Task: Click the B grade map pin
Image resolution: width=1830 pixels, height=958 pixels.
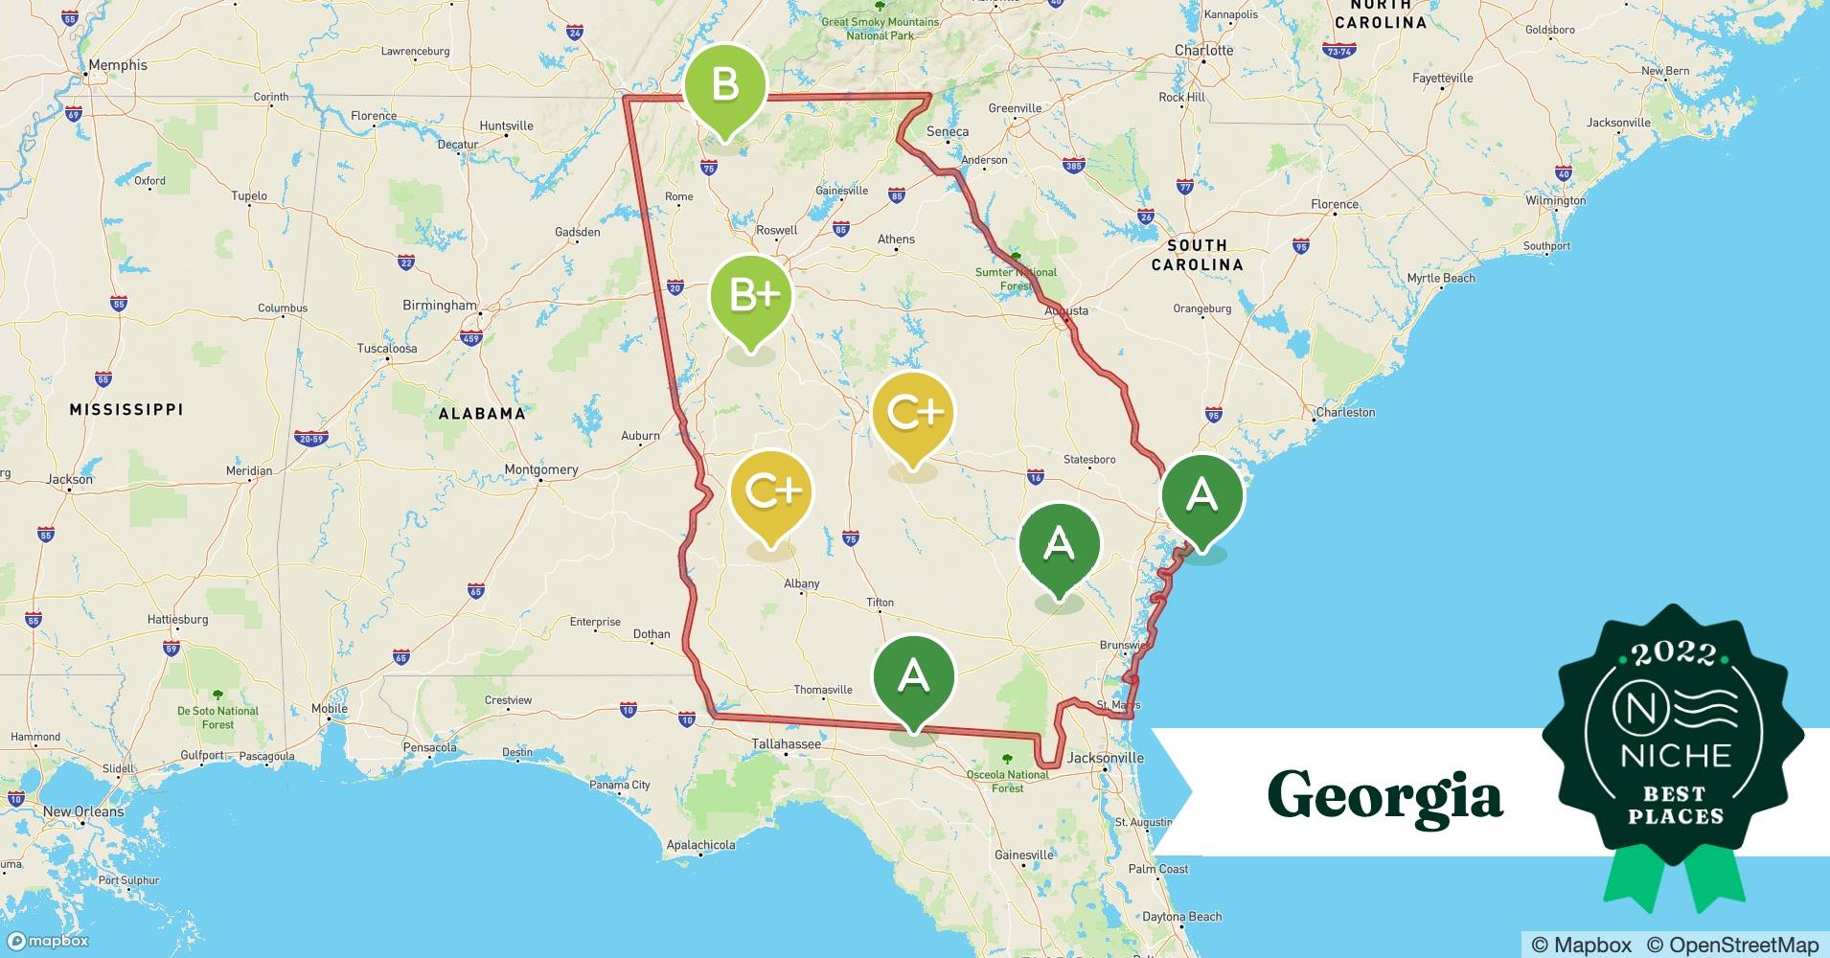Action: [724, 87]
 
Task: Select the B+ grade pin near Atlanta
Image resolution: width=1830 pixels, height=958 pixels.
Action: [751, 296]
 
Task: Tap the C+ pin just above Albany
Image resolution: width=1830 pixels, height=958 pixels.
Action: [771, 492]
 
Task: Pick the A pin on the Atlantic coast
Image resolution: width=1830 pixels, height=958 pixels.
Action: [1201, 495]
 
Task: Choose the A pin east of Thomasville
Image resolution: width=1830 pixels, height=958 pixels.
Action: [914, 676]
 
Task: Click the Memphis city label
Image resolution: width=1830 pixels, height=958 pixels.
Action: [118, 65]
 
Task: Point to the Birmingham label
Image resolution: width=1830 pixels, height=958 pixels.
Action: [440, 306]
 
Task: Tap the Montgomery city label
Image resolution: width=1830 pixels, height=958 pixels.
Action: [541, 469]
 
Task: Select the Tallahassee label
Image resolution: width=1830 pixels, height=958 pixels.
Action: [786, 743]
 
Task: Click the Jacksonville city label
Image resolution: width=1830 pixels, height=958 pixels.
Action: [1106, 758]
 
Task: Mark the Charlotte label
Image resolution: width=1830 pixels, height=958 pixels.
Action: [1203, 50]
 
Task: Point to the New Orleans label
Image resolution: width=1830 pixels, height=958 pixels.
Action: [83, 811]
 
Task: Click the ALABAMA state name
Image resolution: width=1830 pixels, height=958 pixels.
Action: [482, 414]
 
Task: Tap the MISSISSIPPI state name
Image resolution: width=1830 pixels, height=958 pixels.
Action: [126, 409]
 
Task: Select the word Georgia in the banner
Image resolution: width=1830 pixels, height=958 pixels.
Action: [1384, 795]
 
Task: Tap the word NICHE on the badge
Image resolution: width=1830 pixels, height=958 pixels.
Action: [1676, 755]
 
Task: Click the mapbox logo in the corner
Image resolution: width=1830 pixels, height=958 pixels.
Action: [48, 941]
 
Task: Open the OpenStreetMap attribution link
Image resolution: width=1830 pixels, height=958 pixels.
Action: [1732, 945]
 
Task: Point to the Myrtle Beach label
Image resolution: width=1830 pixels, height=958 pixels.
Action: [1441, 278]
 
